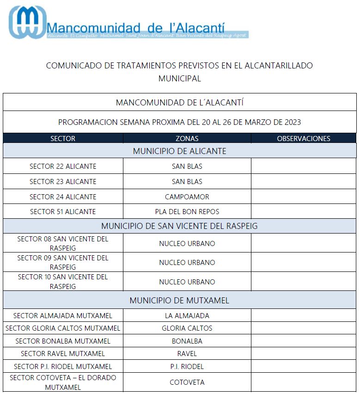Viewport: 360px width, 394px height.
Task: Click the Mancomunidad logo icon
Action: coord(27,22)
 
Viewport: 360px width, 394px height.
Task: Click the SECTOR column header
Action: coord(63,138)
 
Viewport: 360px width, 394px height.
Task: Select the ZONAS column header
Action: coord(187,138)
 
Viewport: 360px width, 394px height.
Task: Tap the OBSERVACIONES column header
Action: coord(304,138)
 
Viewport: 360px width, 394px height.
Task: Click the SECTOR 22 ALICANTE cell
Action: coord(63,166)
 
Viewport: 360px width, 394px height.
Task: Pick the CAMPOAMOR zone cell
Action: coord(187,197)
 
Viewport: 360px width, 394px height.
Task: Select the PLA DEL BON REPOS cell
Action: coord(187,211)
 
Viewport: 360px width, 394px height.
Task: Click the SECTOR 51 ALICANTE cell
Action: coord(63,211)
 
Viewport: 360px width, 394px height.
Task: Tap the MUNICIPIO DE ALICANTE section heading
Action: coord(180,151)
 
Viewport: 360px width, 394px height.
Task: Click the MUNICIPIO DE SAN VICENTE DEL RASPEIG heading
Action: coord(180,226)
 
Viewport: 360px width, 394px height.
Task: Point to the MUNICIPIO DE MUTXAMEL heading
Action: coord(179,300)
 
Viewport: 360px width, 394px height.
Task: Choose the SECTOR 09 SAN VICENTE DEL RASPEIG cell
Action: coord(63,262)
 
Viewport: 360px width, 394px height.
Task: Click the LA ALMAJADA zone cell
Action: coord(187,316)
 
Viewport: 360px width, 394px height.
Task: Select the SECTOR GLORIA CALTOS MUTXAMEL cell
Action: coord(63,328)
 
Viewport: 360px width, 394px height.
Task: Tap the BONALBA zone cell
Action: coord(187,341)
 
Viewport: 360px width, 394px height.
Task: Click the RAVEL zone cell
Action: coord(187,354)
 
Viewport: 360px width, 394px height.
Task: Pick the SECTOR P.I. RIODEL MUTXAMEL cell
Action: coord(63,367)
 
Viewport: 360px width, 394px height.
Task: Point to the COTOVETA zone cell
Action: coord(187,382)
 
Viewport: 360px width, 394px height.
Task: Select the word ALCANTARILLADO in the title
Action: coord(273,66)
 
